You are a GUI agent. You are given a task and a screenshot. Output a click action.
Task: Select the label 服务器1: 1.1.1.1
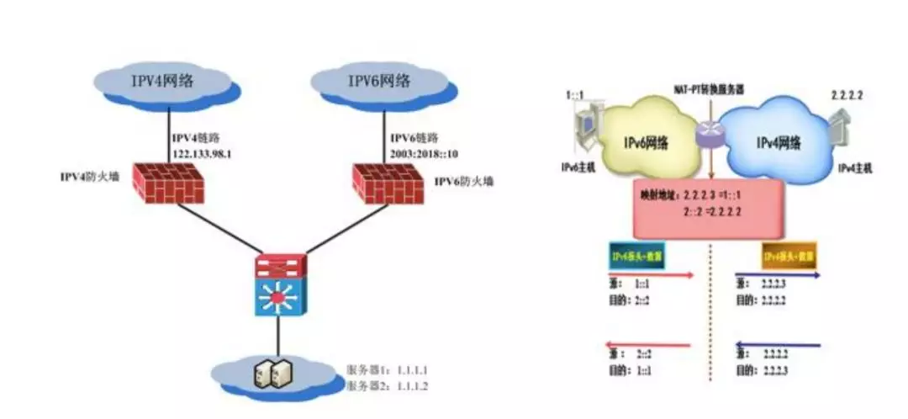click(388, 370)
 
